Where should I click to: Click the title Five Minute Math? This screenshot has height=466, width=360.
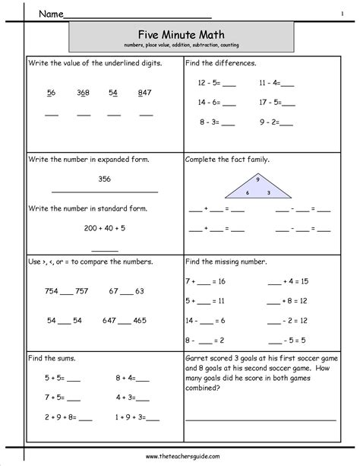point(181,33)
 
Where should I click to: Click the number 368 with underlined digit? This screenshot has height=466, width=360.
point(83,93)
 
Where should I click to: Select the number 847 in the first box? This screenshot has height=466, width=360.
point(144,93)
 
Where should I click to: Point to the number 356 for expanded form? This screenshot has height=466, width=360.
point(105,179)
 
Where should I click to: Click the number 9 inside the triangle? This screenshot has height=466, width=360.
point(257,179)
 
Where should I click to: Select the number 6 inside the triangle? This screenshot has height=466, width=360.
point(247,193)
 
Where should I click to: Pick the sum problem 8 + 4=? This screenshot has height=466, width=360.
point(131,377)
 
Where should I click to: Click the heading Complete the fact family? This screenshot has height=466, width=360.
point(228,160)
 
